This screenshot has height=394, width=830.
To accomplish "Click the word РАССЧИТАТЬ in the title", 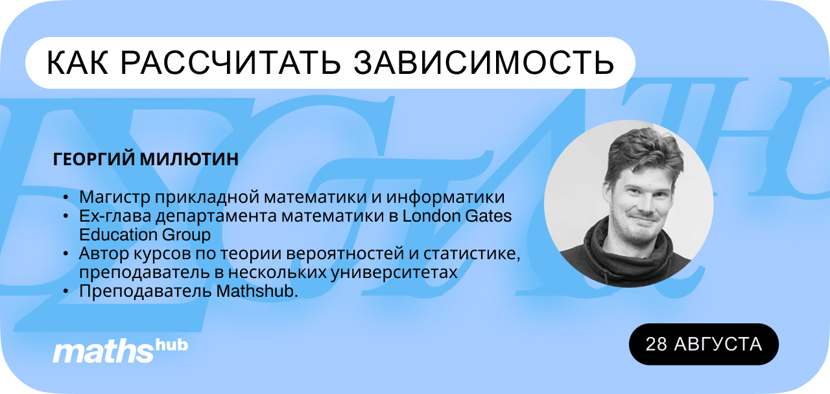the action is point(230,63).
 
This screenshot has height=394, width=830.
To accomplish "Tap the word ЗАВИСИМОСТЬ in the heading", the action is point(484,63).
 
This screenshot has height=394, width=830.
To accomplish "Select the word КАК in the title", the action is point(77,63).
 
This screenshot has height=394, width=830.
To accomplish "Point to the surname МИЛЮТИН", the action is point(189,159).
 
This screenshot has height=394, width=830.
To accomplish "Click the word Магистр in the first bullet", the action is point(114,197).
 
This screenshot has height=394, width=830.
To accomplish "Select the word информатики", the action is point(445,197).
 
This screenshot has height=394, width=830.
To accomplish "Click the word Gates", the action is point(488,216).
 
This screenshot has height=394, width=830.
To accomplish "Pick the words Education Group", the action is point(145,235).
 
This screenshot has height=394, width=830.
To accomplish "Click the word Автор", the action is point(104,253).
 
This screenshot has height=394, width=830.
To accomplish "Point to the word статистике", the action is point(471,254).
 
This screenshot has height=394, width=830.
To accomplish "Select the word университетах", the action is point(394,273).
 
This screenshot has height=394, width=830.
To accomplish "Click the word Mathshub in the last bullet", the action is point(257,292).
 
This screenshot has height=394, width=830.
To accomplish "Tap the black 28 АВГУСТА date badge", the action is point(704,344).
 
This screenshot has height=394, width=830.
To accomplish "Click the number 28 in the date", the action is point(656,344).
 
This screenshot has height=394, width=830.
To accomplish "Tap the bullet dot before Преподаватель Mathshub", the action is point(66,292).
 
